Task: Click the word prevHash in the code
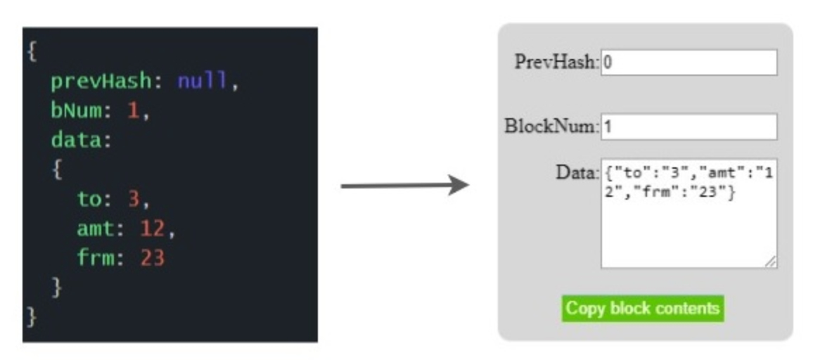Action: (x=101, y=82)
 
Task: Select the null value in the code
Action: (x=203, y=82)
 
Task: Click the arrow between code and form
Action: (x=404, y=186)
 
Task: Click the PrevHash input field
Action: (x=689, y=62)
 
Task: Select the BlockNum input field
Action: (x=689, y=127)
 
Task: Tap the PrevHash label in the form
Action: (x=556, y=62)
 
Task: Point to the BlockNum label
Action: (x=551, y=127)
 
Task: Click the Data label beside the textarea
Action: (x=576, y=172)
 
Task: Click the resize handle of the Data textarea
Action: (x=772, y=262)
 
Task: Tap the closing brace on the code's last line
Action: (x=31, y=316)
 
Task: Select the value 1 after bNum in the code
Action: (x=134, y=111)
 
